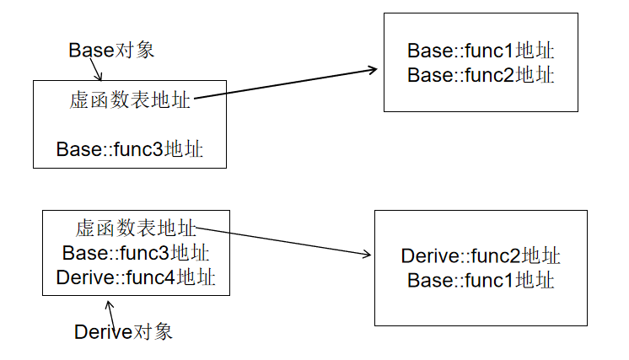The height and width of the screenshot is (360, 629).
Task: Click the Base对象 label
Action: [111, 50]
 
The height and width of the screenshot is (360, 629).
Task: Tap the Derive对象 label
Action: [123, 331]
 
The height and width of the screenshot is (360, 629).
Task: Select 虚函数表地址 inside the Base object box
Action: [130, 101]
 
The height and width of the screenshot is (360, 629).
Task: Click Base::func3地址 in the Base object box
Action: [129, 149]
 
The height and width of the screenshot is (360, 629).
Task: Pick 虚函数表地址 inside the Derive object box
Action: [136, 228]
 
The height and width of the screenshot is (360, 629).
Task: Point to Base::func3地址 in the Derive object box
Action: [136, 253]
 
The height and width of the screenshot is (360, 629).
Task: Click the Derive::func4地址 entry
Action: [136, 277]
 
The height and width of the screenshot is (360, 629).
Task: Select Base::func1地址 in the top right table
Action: [481, 51]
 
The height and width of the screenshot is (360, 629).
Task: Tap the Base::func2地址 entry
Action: [481, 75]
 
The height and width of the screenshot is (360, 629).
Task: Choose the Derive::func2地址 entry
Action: [481, 256]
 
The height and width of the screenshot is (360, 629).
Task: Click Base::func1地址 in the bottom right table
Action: [481, 281]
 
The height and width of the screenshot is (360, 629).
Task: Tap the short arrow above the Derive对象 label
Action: [110, 307]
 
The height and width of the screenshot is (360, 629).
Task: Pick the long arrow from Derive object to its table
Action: [282, 240]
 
